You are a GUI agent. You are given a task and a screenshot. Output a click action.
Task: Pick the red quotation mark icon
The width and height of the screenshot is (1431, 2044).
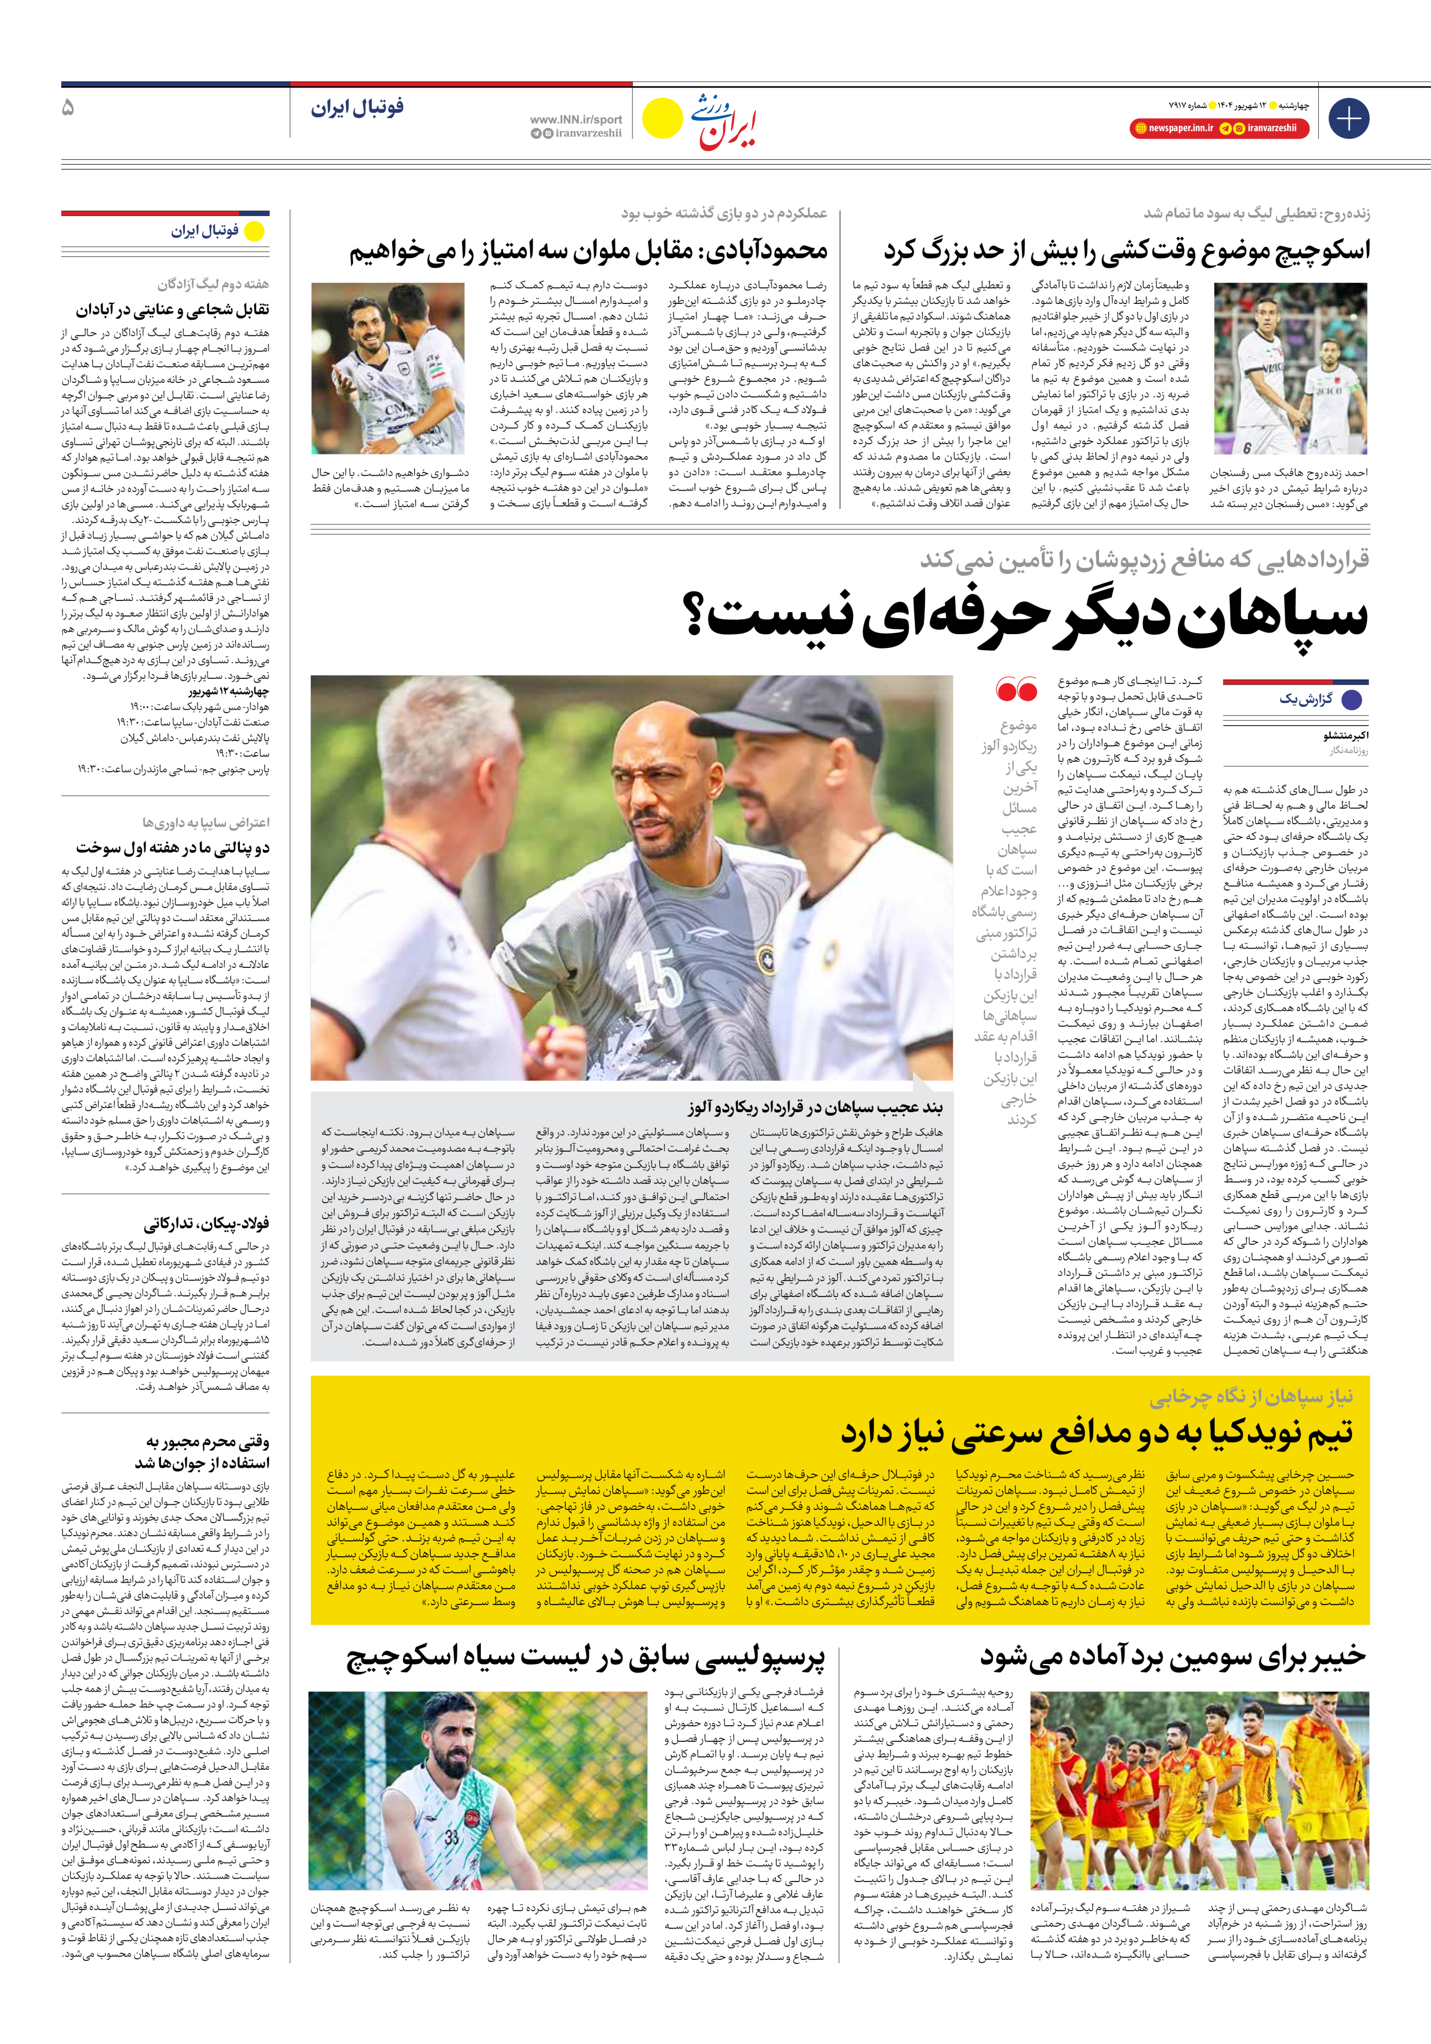1016,689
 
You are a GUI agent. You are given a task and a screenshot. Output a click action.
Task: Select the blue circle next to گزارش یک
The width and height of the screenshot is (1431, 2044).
1352,699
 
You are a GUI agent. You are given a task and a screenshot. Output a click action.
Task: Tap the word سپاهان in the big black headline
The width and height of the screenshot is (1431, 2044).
1274,615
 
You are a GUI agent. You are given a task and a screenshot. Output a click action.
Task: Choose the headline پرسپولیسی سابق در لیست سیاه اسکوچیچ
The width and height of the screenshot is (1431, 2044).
585,1656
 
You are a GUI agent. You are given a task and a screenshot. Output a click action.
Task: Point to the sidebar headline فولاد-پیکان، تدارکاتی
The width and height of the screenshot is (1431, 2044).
207,1223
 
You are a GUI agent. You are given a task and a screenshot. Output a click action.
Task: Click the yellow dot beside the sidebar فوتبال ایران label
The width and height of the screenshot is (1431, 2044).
255,231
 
